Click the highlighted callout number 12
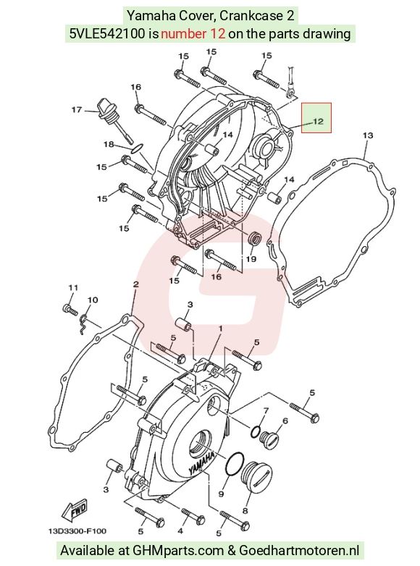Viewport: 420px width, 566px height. coord(318,122)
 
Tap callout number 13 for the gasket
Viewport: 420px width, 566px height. coord(368,136)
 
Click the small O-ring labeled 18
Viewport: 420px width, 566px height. coord(137,148)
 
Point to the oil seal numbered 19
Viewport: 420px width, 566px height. coord(254,239)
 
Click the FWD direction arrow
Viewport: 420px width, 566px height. coord(75,510)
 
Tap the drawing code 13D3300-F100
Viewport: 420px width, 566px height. coord(77,531)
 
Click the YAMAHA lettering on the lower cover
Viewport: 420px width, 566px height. coord(201,463)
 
